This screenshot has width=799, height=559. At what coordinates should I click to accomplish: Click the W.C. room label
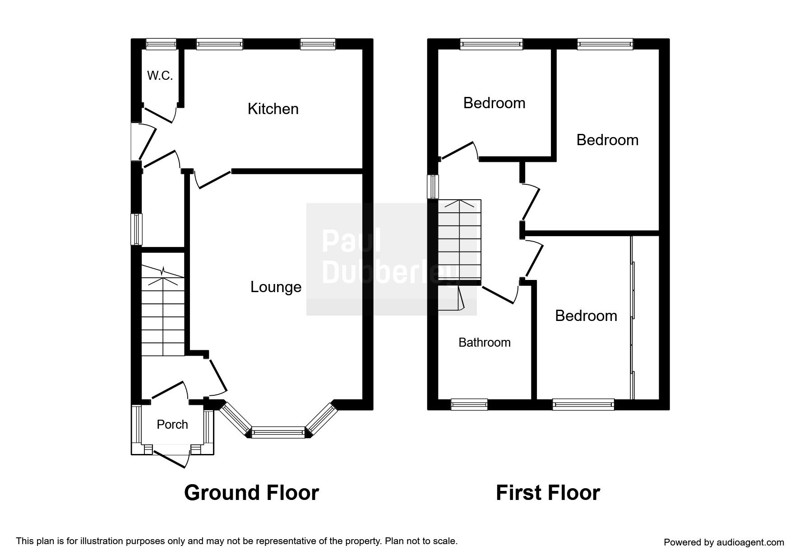[x=160, y=76]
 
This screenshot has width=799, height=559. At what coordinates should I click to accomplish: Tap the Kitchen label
[x=273, y=109]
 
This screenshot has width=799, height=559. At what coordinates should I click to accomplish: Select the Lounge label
[x=276, y=287]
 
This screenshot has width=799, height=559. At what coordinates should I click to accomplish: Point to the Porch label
[x=172, y=424]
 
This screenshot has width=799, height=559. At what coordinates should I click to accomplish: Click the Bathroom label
[x=485, y=343]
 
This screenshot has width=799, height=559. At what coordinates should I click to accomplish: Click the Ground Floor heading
[x=251, y=493]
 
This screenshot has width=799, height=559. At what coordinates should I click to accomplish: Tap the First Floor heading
[x=548, y=493]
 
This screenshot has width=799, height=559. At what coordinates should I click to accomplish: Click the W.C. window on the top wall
[x=161, y=44]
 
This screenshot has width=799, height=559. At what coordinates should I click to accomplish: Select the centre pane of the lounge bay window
[x=278, y=432]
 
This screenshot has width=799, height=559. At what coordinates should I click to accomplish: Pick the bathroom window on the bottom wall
[x=469, y=404]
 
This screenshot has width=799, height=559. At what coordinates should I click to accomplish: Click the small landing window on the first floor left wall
[x=433, y=186]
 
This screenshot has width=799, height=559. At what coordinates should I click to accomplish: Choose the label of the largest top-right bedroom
[x=607, y=140]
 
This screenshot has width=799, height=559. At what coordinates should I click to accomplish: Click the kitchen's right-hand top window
[x=318, y=44]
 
